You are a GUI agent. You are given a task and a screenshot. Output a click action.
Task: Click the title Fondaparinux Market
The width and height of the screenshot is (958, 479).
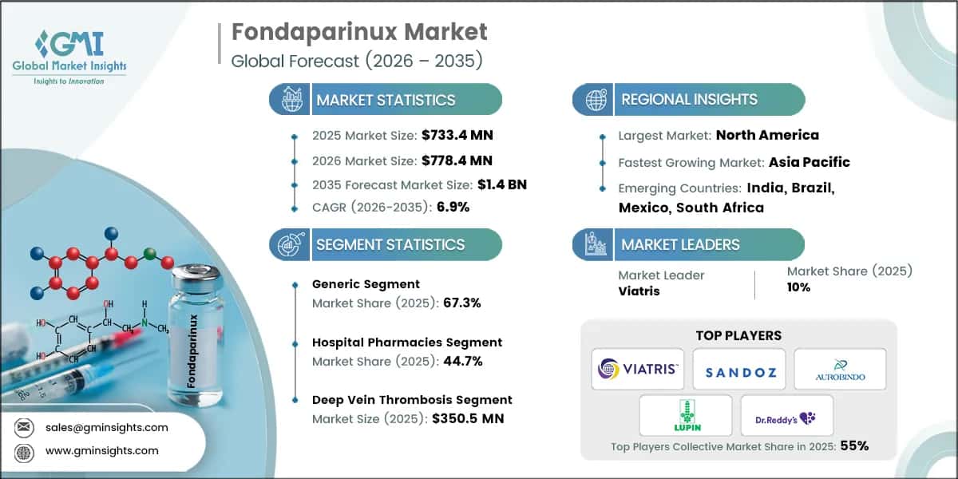[x=358, y=33]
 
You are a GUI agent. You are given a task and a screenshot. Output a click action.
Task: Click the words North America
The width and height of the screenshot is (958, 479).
[x=766, y=135]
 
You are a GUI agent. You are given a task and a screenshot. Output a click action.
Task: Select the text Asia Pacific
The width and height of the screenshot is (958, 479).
[x=809, y=162]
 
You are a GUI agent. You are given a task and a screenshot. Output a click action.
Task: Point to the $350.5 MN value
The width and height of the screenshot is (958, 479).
[x=467, y=418]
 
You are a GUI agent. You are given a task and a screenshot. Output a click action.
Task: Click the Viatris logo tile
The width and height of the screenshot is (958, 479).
[x=637, y=369]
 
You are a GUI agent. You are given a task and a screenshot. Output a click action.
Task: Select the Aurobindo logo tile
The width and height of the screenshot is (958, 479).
[x=840, y=369]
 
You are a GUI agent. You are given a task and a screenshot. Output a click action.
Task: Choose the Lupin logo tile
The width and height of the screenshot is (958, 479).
[x=685, y=415]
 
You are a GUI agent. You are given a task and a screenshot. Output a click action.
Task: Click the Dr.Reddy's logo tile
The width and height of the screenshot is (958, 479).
[x=786, y=415]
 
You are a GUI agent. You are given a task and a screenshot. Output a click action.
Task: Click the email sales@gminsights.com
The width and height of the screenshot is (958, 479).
[x=106, y=427]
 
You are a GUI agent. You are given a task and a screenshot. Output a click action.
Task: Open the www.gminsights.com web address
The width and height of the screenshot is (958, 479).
[x=101, y=450]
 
